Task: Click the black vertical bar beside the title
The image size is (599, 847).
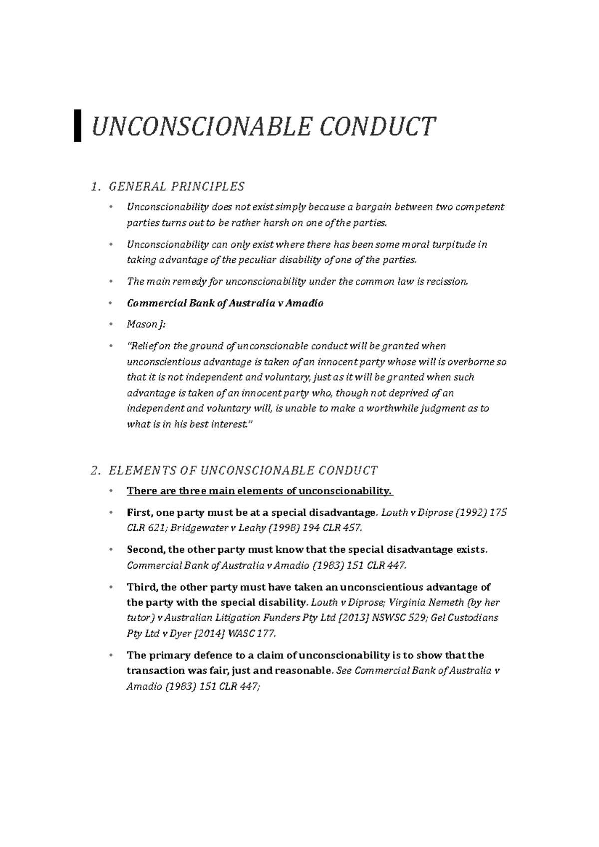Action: (x=77, y=126)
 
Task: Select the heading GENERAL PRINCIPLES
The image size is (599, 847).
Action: (x=176, y=187)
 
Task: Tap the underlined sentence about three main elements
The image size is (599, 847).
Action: (x=260, y=491)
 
